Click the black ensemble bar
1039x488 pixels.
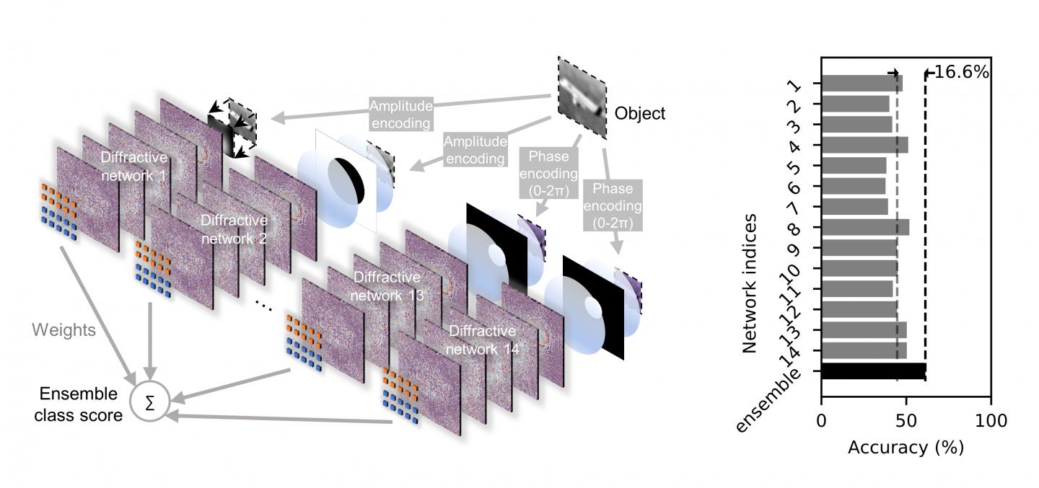pos(873,371)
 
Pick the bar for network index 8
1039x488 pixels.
pos(864,228)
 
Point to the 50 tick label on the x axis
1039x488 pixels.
pos(906,420)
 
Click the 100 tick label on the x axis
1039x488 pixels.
pos(990,420)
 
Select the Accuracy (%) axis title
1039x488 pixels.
pos(906,448)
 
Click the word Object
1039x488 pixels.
pos(640,113)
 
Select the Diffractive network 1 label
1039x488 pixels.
pos(134,165)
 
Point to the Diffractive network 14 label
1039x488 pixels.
pos(482,340)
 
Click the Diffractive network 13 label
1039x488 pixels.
pos(386,286)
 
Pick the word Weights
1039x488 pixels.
pos(63,330)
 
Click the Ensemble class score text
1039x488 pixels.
pos(81,404)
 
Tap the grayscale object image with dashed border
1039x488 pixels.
pos(582,97)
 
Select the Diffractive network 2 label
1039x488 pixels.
pos(233,228)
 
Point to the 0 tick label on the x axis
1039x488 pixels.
pos(821,420)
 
